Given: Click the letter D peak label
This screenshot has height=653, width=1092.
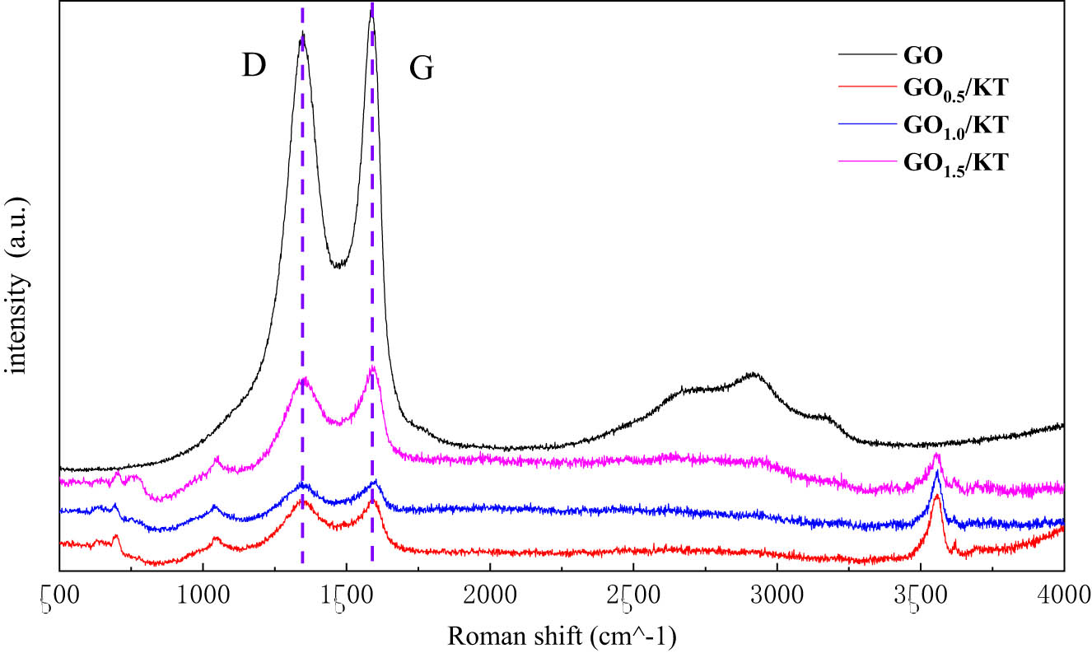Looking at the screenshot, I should click(x=254, y=67).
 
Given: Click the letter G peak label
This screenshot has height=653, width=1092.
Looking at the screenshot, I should click(x=421, y=70).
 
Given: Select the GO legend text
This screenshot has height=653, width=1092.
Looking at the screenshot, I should click(x=923, y=56).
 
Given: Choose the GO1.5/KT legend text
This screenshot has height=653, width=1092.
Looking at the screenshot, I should click(x=956, y=162).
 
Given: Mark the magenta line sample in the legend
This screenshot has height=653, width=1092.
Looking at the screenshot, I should click(x=866, y=161).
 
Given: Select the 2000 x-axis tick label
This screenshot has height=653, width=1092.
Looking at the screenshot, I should click(x=490, y=593).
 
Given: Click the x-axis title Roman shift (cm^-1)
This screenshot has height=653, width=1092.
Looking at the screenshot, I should click(x=561, y=636).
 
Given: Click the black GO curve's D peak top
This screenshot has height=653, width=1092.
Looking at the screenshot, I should click(x=303, y=33).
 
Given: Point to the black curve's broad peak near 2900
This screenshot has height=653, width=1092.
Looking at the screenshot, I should click(x=754, y=374).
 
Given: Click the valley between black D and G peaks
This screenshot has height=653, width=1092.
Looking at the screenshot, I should click(x=338, y=265).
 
